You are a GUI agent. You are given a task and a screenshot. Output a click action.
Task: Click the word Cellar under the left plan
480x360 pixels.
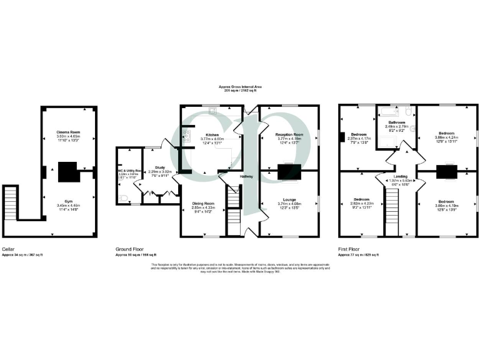(x=9, y=249)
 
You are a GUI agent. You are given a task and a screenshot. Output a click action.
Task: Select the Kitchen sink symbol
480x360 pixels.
(x=212, y=114)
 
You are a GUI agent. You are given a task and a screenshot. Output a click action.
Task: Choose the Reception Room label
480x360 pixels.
(x=289, y=134)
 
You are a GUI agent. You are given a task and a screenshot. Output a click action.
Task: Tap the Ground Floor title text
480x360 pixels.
(x=128, y=249)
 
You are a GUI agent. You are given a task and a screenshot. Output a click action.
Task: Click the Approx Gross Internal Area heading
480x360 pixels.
(x=240, y=87)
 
